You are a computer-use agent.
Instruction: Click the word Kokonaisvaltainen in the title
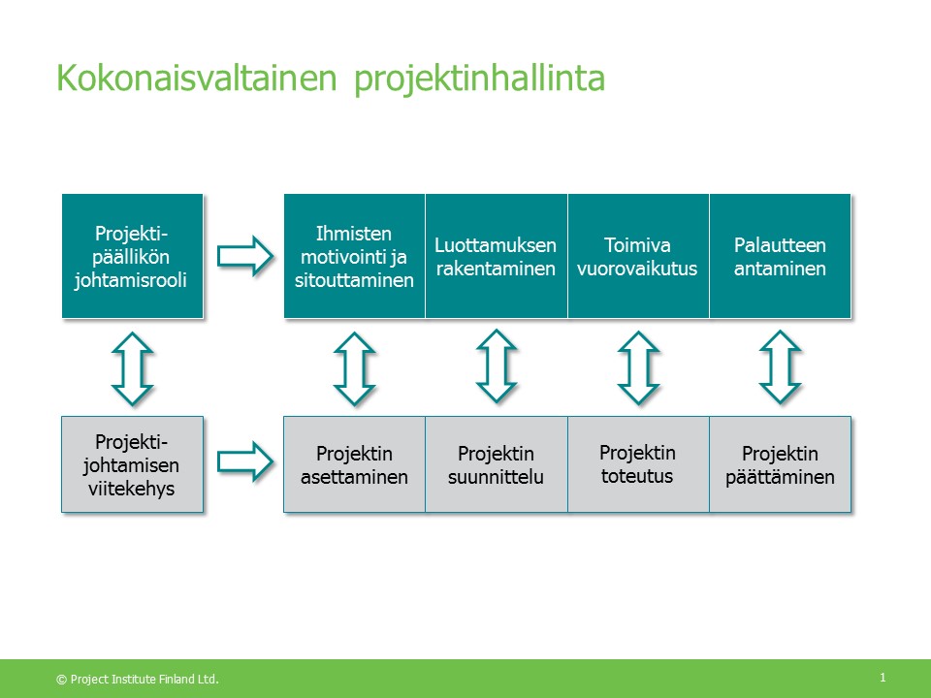pos(197,78)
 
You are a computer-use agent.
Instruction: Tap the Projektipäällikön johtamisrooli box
pos(133,256)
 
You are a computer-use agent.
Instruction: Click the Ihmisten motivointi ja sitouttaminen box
pos(355,256)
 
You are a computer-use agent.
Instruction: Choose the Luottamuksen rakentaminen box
pos(497,256)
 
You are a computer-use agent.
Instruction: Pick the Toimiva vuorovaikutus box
pos(638,256)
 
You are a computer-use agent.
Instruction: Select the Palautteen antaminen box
pos(780,256)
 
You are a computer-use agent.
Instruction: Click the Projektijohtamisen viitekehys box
pos(133,464)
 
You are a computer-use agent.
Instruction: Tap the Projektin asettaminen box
pos(355,464)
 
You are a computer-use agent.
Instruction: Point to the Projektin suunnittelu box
pos(497,464)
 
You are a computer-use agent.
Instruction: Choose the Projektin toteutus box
pos(638,464)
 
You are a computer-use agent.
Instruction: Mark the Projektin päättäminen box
pos(780,464)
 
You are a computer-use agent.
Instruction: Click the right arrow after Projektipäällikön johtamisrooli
pos(245,256)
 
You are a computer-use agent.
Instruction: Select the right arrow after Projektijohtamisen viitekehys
pos(245,461)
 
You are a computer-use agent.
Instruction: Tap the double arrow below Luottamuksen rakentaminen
pos(497,366)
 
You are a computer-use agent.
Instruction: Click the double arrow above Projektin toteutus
pos(638,368)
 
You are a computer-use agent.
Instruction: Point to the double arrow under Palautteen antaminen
pos(780,367)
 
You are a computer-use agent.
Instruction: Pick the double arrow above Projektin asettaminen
pos(355,368)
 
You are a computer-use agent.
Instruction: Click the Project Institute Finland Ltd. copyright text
pos(138,679)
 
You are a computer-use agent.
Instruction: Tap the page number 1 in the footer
pos(883,678)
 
